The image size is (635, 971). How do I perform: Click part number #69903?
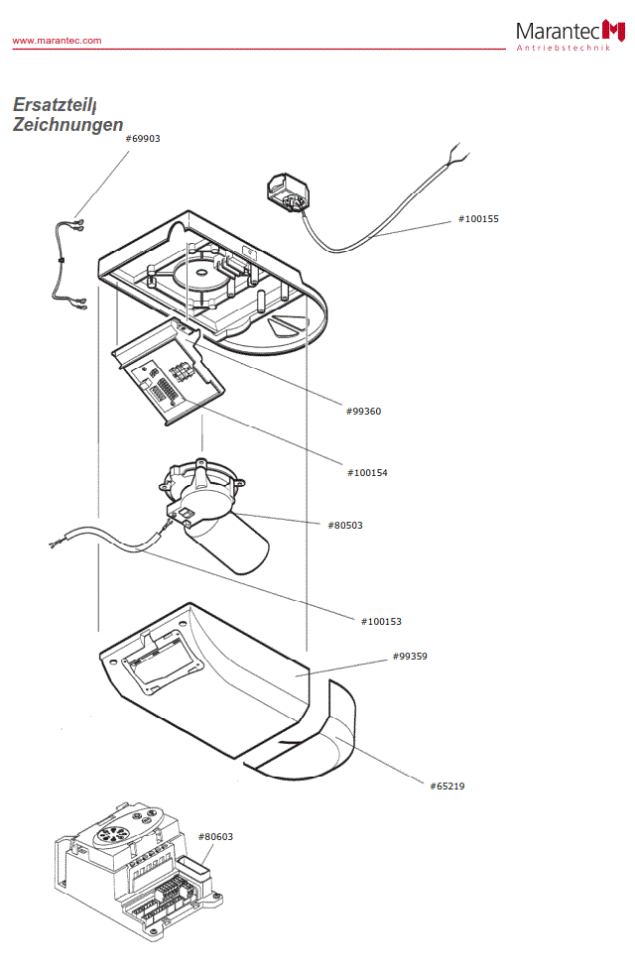(143, 139)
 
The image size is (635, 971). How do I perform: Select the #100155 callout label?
(478, 218)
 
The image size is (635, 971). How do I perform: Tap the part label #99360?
(363, 411)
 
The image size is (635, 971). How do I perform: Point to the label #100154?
(367, 473)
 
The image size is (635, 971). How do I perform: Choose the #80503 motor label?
(344, 525)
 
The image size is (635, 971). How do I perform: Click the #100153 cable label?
(381, 621)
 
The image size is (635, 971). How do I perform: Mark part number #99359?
(410, 657)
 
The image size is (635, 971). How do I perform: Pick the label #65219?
(446, 786)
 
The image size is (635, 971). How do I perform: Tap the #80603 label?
(215, 837)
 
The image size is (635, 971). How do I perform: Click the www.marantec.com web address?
(57, 41)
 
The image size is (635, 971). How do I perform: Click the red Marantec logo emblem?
(614, 31)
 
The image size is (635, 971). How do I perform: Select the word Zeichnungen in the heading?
(67, 125)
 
